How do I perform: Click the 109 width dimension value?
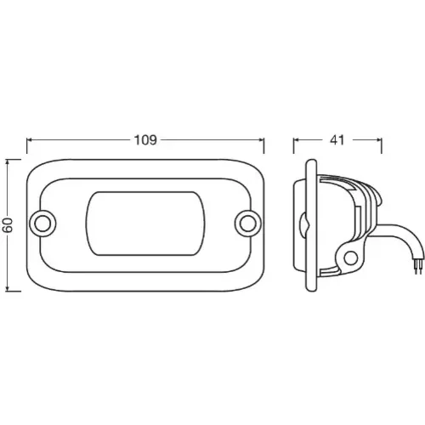pyautogui.click(x=145, y=140)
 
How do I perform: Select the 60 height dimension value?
pyautogui.click(x=9, y=225)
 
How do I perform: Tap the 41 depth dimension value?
pyautogui.click(x=337, y=140)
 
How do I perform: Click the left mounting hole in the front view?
pyautogui.click(x=42, y=224)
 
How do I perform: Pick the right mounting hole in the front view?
pyautogui.click(x=247, y=224)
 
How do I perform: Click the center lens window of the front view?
pyautogui.click(x=145, y=224)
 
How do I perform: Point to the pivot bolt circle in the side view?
pyautogui.click(x=351, y=258)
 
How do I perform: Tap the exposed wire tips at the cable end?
pyautogui.click(x=420, y=266)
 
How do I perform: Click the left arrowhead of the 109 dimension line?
pyautogui.click(x=30, y=140)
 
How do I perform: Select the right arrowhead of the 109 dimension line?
pyautogui.click(x=261, y=140)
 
